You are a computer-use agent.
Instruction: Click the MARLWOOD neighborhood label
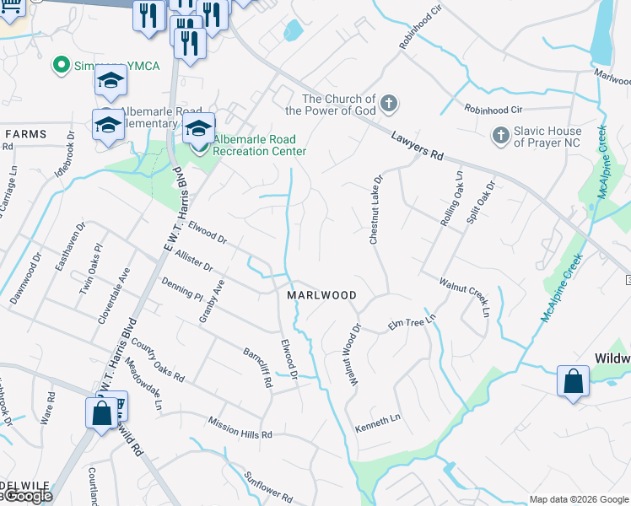pos(321,295)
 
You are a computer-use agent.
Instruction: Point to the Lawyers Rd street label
pos(417,145)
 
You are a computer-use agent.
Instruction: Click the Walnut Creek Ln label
pos(464,295)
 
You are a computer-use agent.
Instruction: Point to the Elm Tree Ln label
pos(412,323)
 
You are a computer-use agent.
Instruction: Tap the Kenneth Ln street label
pos(377,419)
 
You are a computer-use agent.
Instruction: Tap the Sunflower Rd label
pos(268,485)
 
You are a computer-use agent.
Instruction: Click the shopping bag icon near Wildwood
pos(573,380)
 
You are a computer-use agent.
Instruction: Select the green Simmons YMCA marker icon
pos(61,64)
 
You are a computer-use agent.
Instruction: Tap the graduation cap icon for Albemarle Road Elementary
pos(108,126)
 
